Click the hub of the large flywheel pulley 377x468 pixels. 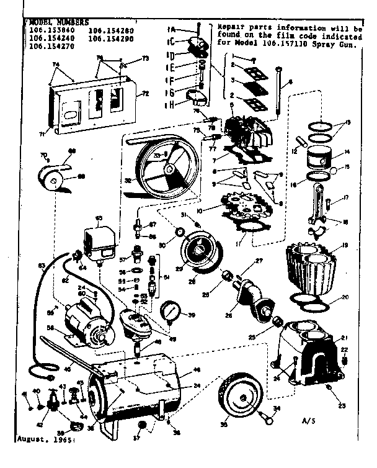coord(166,167)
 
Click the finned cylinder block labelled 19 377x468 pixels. coord(309,266)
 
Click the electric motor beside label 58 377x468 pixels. coord(91,320)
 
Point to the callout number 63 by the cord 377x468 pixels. coord(42,266)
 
